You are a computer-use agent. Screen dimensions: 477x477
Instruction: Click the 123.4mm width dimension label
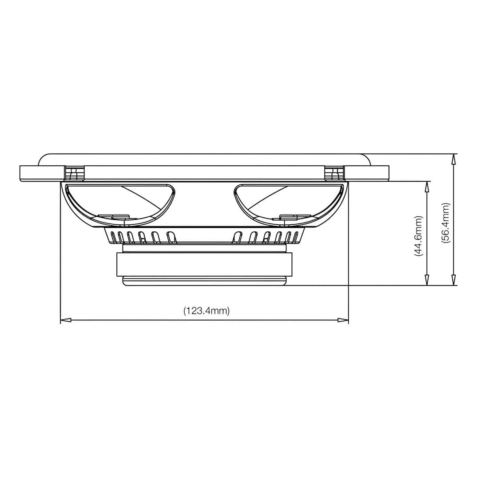click(x=207, y=311)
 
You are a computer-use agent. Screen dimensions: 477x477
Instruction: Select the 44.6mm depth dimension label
click(x=418, y=236)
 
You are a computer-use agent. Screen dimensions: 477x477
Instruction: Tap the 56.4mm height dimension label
click(x=445, y=223)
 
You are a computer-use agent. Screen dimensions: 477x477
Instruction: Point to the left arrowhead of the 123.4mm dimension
click(x=66, y=320)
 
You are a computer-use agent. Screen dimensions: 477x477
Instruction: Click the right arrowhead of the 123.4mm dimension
click(x=343, y=320)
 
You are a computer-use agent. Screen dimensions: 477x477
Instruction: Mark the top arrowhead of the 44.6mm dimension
click(x=427, y=187)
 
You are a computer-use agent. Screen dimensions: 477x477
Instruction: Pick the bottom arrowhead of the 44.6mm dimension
click(x=427, y=280)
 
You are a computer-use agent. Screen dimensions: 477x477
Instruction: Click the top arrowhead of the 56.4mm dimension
click(x=453, y=159)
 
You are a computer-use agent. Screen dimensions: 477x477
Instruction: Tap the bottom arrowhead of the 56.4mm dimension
click(x=453, y=280)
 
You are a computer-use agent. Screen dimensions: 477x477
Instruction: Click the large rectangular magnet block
click(x=204, y=264)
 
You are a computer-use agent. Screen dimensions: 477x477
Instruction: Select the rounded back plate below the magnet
click(x=204, y=281)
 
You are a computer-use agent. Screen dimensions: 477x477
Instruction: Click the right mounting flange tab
click(x=367, y=173)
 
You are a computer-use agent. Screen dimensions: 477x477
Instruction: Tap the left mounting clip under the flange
click(x=74, y=173)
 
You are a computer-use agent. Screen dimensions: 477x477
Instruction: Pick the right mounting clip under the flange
click(x=334, y=173)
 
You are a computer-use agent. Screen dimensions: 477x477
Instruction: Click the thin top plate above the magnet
click(x=204, y=248)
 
